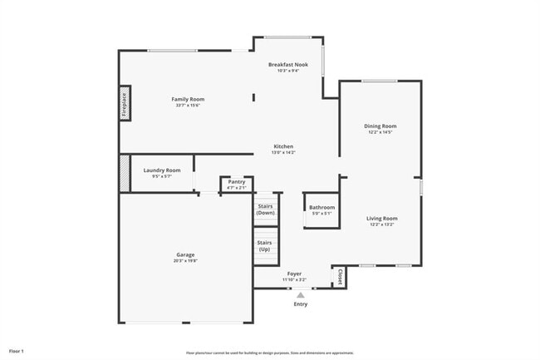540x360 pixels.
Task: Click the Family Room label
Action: coord(188,99)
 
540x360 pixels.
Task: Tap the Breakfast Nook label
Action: coord(288,64)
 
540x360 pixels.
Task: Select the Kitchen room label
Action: coord(283,146)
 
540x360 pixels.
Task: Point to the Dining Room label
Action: coord(380,126)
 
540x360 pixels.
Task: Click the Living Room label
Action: coord(382,219)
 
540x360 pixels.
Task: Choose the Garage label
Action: coord(184,254)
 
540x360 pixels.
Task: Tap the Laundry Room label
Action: coord(162,170)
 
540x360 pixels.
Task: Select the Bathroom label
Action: coord(322,207)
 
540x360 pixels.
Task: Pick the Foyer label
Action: coord(294,274)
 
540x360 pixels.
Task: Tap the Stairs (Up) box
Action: coord(265,244)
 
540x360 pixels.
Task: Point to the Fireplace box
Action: coord(124,103)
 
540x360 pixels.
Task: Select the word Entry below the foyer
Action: coord(301,304)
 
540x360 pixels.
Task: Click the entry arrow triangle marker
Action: coord(301,294)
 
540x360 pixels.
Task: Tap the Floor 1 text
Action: coord(17,350)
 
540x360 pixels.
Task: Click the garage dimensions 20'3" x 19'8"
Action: coord(184,261)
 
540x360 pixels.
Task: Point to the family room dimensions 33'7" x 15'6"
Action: coord(188,106)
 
